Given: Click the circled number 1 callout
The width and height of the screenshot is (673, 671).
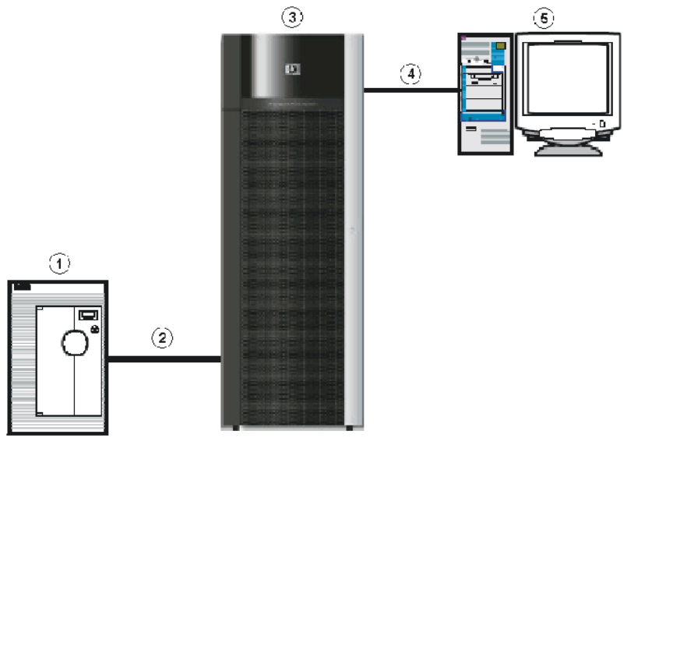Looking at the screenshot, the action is [59, 264].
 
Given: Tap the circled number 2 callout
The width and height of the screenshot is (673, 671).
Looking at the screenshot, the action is [162, 338].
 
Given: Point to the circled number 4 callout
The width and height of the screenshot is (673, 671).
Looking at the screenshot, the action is [410, 74].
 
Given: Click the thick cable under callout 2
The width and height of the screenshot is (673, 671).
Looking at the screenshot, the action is [164, 359].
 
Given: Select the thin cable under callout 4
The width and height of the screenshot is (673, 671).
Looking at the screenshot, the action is [410, 91].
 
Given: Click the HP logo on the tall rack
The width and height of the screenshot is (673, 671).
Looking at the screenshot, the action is [292, 69].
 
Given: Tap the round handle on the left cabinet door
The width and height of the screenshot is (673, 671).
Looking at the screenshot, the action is [74, 343].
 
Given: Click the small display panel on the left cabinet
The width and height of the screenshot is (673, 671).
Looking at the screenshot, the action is [87, 315].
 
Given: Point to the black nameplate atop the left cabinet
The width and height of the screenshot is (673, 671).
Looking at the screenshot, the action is [22, 288].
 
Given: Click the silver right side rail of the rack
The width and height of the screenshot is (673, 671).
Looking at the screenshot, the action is [354, 234].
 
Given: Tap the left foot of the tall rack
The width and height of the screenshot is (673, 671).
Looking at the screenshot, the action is [234, 427].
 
